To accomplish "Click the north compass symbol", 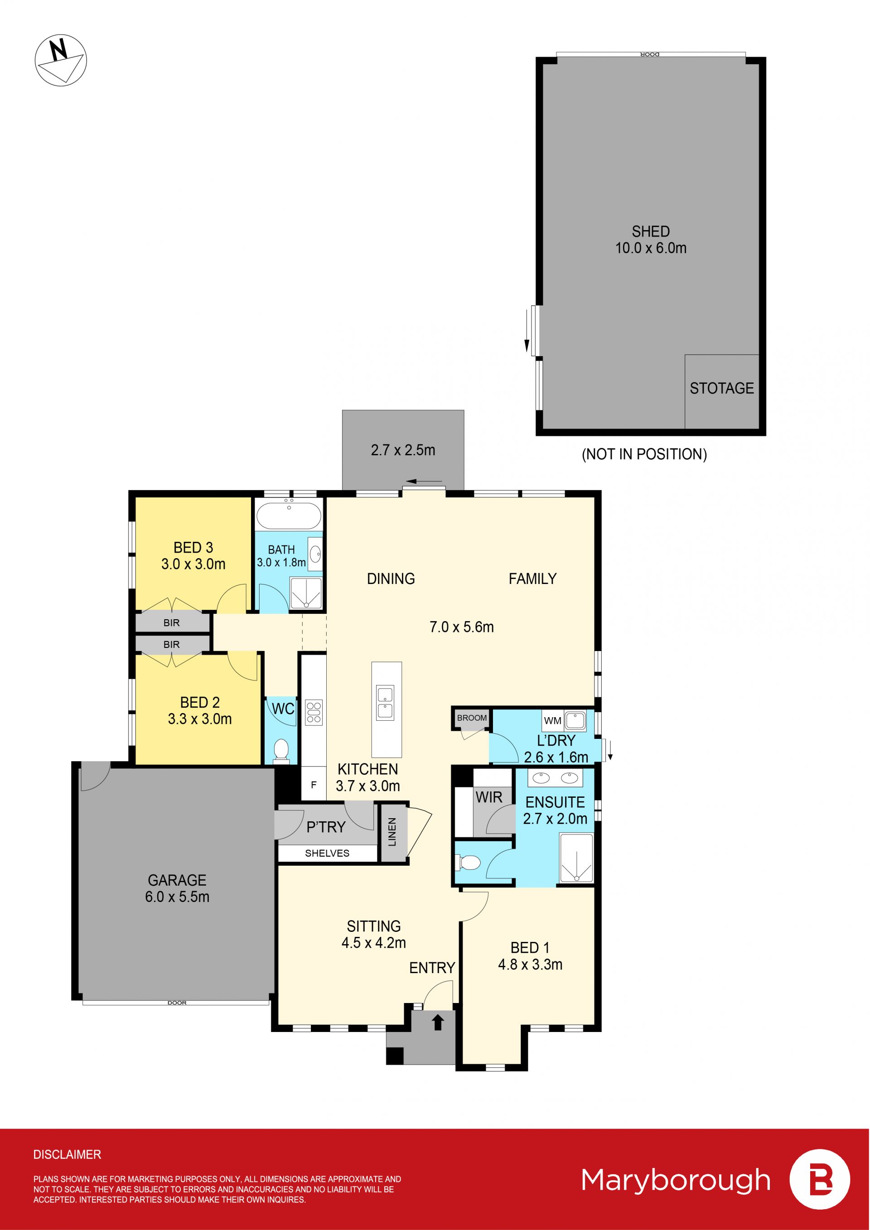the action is click(61, 59).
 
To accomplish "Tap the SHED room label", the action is click(650, 232).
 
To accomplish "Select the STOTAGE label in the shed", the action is click(722, 388).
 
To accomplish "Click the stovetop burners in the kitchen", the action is click(314, 713).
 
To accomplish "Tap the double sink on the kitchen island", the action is click(385, 702).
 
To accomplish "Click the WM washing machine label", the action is click(552, 720).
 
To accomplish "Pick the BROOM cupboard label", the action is click(472, 718).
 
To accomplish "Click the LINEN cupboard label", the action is click(392, 832).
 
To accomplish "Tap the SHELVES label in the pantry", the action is click(327, 854).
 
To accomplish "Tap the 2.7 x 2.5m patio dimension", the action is click(403, 450).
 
